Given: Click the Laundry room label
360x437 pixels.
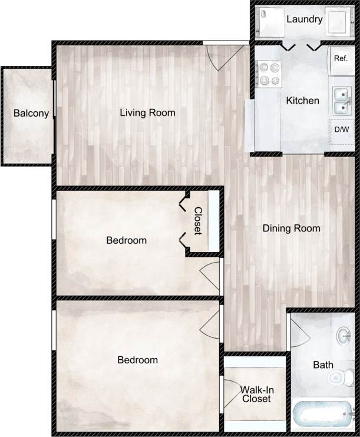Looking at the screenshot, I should coord(304,19).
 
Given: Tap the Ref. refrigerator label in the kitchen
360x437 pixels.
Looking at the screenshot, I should coord(340,58).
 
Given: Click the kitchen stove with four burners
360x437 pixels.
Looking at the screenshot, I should coord(270,74).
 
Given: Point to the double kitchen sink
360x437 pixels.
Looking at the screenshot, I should coord(340,101).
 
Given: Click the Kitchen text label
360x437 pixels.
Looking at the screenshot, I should coord(302,101).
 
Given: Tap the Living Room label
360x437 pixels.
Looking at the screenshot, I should coord(147,112).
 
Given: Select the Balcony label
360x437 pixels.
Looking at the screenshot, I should coord(31,114).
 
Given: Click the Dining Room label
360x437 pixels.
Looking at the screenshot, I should coord(291,229).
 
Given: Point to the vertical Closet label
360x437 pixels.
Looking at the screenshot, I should coord(199,221).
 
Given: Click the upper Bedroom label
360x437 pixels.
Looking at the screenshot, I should coord(126,240).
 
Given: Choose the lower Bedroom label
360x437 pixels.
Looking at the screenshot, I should coord(137,360).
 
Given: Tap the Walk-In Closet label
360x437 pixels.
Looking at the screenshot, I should coord(255,394).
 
